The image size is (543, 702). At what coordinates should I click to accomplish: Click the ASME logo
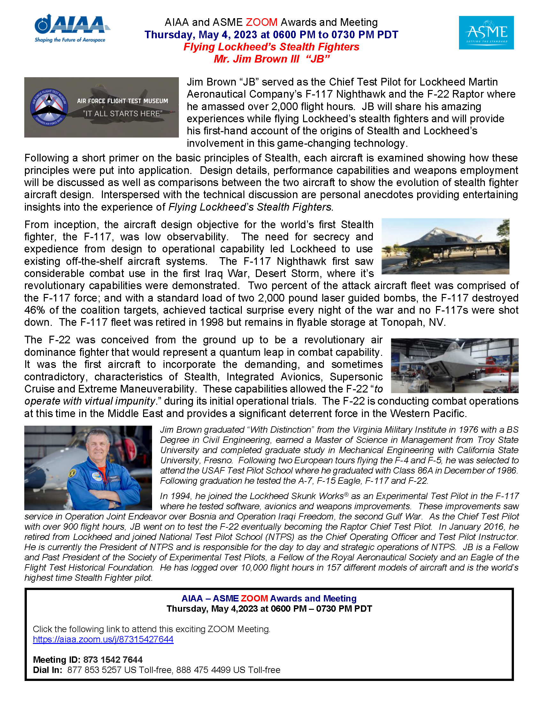coord(486,33)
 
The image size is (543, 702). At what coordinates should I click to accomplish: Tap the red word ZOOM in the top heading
coord(262,22)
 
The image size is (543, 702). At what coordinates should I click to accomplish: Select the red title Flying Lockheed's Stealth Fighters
coord(271,47)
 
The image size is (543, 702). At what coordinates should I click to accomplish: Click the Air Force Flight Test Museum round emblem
coord(49,107)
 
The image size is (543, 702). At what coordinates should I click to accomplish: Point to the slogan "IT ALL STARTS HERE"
coord(123,114)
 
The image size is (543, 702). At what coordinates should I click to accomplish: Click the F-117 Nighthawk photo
coord(445,246)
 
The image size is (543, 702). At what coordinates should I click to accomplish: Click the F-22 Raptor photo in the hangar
coord(455,365)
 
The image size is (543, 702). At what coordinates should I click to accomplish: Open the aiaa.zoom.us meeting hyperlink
coord(103,639)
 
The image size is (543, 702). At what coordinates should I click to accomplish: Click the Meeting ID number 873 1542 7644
coord(112,660)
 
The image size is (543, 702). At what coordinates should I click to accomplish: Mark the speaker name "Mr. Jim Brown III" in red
coord(257,59)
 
